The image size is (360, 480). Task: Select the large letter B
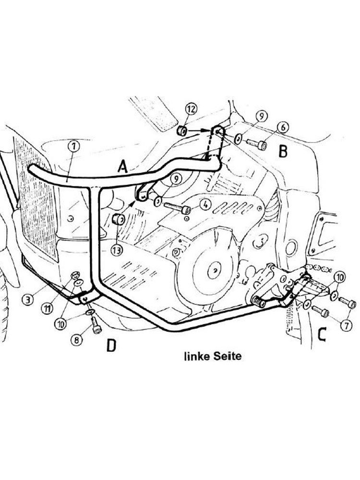(x=283, y=152)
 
